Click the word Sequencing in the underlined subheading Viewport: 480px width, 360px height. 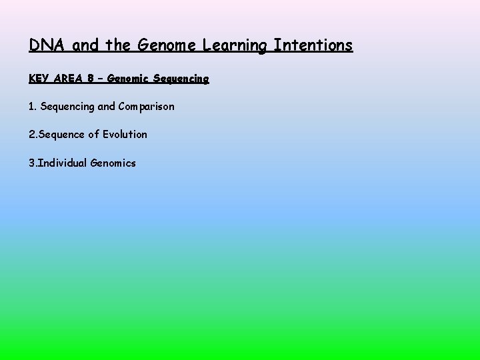[181, 79]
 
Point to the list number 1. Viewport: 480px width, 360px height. [32, 107]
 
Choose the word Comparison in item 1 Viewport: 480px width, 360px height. [146, 107]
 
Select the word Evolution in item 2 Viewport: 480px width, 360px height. [125, 135]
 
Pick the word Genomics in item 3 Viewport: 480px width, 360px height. [113, 163]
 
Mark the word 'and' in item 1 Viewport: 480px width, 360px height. [107, 107]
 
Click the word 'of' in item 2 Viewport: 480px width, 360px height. [94, 135]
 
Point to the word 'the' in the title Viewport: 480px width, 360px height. [117, 45]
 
